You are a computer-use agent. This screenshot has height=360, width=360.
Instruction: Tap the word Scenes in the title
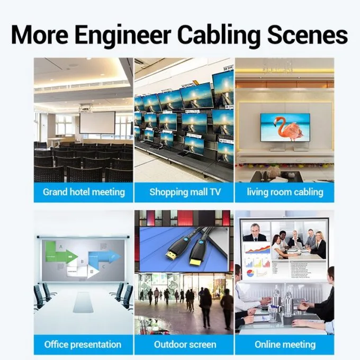click(307, 35)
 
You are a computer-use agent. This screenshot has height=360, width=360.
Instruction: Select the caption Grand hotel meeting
click(84, 192)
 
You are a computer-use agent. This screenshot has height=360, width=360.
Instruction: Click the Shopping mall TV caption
click(185, 192)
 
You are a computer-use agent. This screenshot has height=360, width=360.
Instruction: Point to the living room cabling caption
click(285, 192)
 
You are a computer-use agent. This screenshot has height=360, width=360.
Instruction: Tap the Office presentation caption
click(83, 345)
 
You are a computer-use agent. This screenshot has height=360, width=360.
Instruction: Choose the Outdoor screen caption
click(185, 345)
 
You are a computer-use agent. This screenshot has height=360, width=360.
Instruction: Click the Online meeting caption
click(285, 345)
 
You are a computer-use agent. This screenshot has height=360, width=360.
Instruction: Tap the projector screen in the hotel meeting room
click(97, 123)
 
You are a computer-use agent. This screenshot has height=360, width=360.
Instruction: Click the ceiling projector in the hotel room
click(86, 107)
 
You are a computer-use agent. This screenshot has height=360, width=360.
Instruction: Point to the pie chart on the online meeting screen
click(250, 273)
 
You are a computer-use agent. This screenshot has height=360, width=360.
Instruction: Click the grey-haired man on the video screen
click(255, 232)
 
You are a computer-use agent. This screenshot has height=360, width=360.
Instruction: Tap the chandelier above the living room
click(277, 66)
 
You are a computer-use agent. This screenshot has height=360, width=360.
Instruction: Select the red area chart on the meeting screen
click(258, 249)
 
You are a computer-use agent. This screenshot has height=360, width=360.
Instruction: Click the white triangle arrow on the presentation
click(93, 272)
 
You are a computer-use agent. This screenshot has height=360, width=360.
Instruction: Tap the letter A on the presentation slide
click(61, 247)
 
